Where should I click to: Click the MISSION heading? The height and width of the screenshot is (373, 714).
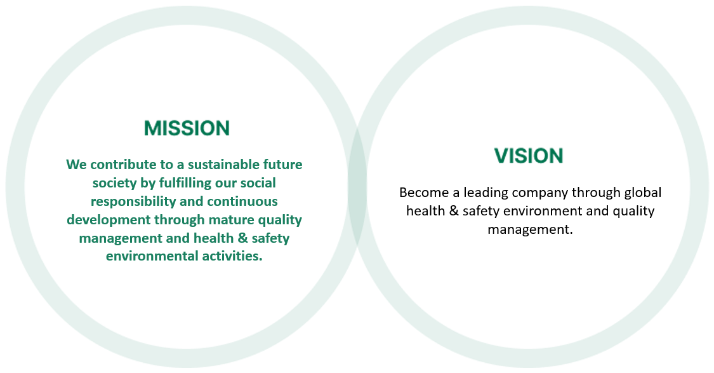[187, 128]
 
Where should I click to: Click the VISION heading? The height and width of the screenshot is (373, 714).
[529, 156]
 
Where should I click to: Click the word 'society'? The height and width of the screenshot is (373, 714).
[115, 183]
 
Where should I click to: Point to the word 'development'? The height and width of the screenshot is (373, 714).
[109, 220]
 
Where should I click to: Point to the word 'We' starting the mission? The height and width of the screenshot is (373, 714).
[76, 164]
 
